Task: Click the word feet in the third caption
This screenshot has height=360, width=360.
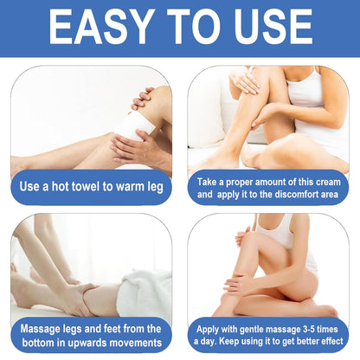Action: tap(111, 328)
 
